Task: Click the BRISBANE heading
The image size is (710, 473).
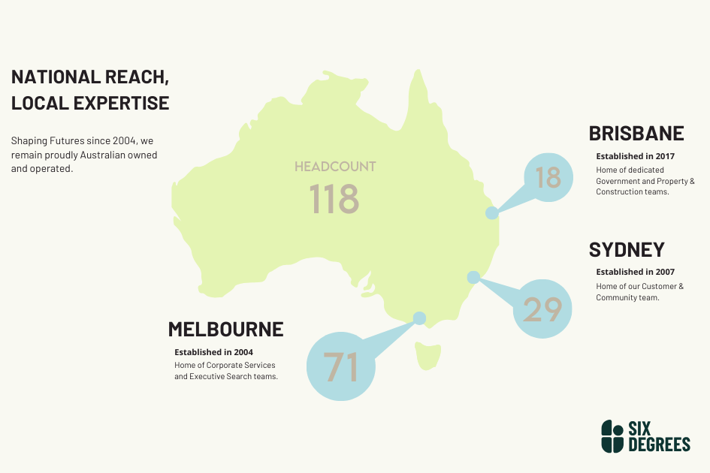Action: click(x=636, y=134)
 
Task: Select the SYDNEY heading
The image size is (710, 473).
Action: click(x=627, y=250)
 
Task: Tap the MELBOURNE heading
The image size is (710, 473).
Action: click(x=225, y=330)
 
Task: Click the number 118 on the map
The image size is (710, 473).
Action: click(x=334, y=199)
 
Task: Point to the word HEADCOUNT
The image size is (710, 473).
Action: click(x=335, y=166)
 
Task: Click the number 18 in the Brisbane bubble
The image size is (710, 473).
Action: click(x=548, y=178)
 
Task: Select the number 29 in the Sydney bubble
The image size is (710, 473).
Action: click(x=542, y=309)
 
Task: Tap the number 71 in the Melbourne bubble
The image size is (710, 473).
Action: click(x=340, y=367)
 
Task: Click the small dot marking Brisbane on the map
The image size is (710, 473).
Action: click(x=491, y=212)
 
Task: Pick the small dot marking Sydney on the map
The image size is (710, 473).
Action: click(x=473, y=277)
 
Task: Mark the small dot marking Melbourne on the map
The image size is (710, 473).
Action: click(x=419, y=318)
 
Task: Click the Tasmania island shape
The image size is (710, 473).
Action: click(x=428, y=356)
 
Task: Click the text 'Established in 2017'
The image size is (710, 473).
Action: click(x=635, y=156)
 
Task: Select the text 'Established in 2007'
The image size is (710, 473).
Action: click(x=635, y=272)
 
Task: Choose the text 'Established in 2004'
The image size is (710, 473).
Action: click(x=213, y=351)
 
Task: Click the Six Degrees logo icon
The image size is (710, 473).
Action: click(x=612, y=436)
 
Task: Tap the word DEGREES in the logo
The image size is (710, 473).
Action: click(x=659, y=444)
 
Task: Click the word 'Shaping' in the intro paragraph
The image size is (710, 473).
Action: click(x=27, y=140)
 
